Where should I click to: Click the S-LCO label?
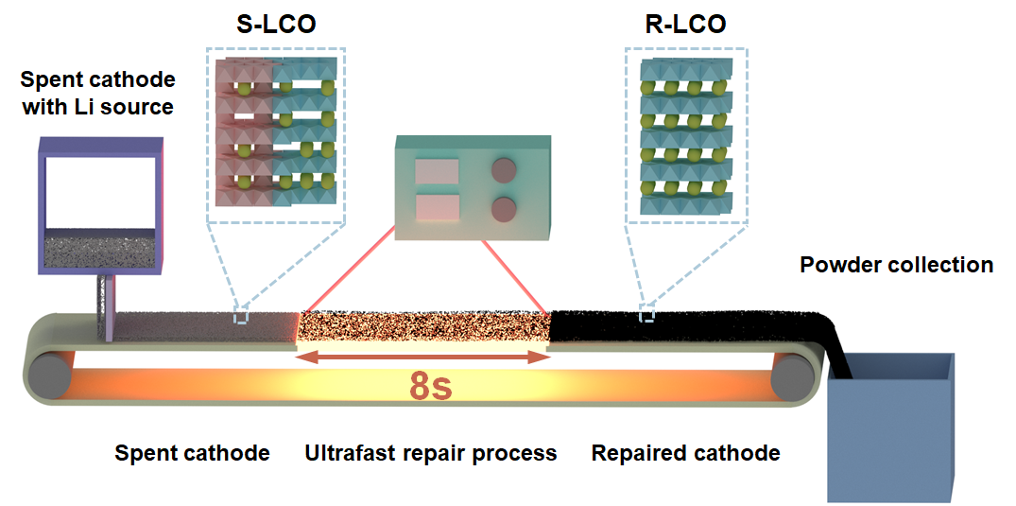tap(276, 25)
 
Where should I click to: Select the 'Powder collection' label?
tap(896, 265)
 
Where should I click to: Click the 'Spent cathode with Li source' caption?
tap(96, 93)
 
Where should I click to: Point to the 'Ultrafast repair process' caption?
tap(430, 453)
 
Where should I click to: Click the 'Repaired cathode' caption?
tap(685, 453)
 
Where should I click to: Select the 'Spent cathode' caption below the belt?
tap(192, 453)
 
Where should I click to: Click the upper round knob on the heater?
tap(506, 170)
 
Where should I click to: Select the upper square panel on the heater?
tap(437, 172)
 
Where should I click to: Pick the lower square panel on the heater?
tap(437, 208)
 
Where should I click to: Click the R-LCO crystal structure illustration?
tap(686, 132)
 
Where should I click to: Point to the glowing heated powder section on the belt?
tap(423, 327)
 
